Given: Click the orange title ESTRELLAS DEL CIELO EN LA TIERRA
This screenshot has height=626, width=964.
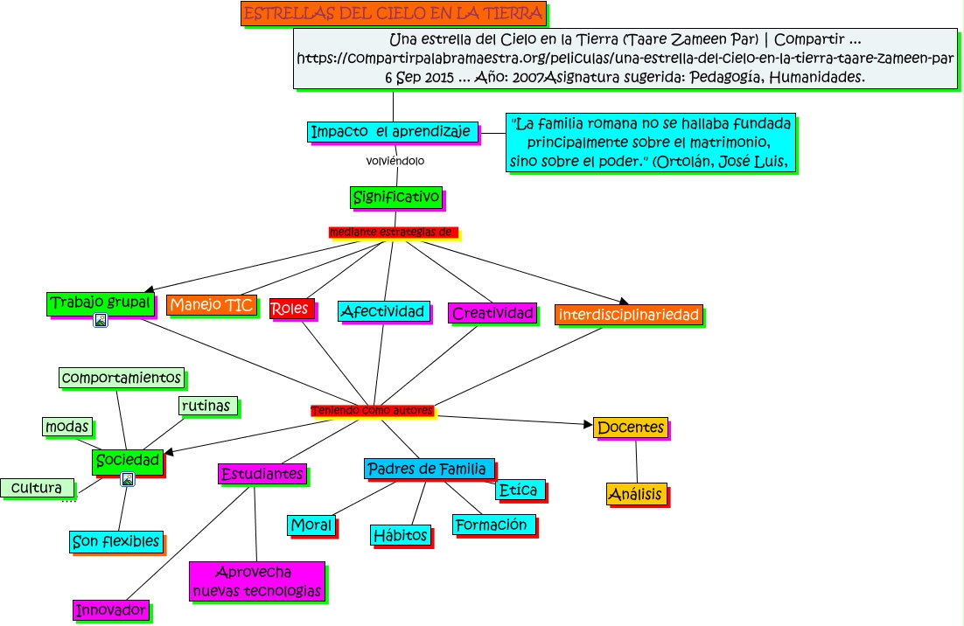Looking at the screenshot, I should (x=394, y=13).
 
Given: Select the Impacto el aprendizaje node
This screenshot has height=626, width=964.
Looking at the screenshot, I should (x=394, y=132).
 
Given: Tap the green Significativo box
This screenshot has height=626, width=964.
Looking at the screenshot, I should (x=396, y=198).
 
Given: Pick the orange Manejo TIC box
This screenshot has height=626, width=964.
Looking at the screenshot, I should (x=212, y=305).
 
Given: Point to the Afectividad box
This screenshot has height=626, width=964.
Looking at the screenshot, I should (x=384, y=311).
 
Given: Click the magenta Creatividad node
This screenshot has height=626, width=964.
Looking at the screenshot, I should (x=492, y=313).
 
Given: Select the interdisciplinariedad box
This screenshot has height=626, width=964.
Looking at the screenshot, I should (x=628, y=315).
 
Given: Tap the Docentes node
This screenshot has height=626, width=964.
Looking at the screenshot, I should (x=630, y=428).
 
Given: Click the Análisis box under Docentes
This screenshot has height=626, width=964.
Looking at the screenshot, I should (x=636, y=494).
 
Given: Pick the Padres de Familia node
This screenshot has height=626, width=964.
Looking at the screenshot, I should (x=430, y=469).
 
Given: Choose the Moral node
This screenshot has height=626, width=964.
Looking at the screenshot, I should (x=311, y=525).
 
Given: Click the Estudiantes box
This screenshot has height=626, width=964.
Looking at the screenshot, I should (x=262, y=474).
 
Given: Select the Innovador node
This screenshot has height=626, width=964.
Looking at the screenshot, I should (x=110, y=610).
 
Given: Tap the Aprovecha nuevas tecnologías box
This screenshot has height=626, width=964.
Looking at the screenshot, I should (x=256, y=582).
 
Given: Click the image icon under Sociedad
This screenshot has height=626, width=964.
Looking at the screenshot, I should (x=128, y=479).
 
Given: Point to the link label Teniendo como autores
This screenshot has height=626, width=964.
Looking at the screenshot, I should (x=372, y=411).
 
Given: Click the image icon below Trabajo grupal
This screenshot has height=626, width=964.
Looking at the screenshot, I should (x=101, y=321).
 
